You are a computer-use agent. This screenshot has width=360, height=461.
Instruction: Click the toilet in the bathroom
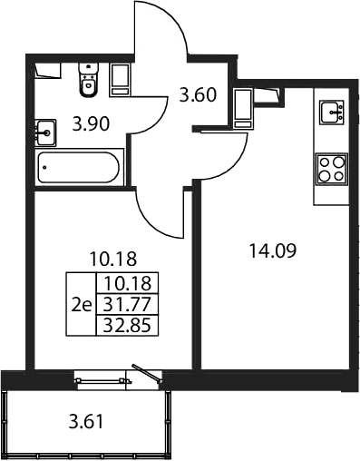tap(89, 80)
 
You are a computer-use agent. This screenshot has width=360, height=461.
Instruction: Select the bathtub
tap(79, 167)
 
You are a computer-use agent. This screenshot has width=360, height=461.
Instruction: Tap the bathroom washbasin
tap(45, 132)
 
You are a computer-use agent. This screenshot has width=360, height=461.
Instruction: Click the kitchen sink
tap(332, 112)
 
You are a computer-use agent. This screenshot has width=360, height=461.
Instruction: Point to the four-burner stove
tap(332, 169)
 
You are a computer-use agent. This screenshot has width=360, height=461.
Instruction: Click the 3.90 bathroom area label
tap(91, 124)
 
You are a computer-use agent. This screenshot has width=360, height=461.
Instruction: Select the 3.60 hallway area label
tap(198, 94)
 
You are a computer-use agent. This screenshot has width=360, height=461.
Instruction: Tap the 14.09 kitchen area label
tap(273, 251)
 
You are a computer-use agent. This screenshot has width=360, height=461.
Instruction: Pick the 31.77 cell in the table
tap(127, 304)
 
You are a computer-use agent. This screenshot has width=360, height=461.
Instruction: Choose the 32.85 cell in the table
tap(127, 326)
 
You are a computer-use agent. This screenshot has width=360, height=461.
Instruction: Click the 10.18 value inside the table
tap(127, 283)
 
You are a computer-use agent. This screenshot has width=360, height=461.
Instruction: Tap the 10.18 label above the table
tap(113, 259)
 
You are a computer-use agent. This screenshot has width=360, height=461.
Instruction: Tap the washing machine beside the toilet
tap(121, 79)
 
